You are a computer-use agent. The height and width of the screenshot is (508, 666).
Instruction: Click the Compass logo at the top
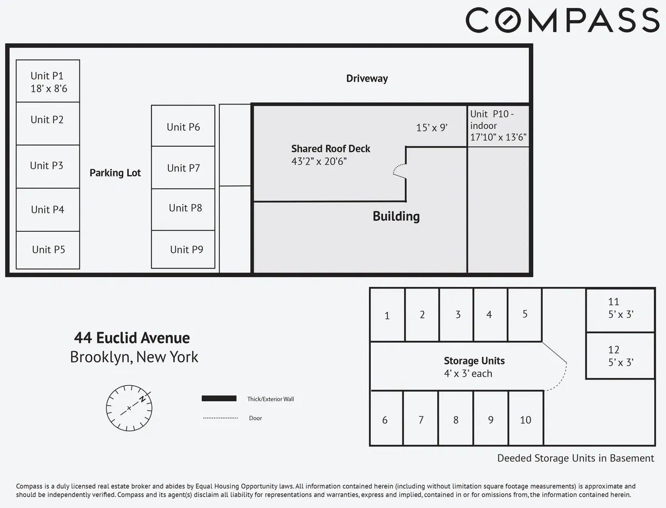(562, 21)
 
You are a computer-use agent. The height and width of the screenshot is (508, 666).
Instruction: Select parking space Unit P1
(48, 81)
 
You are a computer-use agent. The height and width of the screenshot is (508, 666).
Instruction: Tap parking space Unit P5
(48, 250)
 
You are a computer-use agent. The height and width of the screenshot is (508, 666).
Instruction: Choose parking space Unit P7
(183, 168)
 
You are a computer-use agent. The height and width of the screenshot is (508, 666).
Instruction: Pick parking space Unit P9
(183, 250)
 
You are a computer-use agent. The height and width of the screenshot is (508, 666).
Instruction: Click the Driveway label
(367, 78)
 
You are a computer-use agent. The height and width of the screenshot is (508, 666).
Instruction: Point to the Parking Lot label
(115, 173)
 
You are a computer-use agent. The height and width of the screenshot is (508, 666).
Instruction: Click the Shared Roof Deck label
(331, 149)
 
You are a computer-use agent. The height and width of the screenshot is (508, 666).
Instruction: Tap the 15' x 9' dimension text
(432, 127)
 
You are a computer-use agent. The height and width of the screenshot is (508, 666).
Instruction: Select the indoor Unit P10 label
(498, 126)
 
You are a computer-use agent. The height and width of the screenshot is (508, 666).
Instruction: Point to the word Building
(396, 216)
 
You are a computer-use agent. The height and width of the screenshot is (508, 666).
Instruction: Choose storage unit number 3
(457, 315)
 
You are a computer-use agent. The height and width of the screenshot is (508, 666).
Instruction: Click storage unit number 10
(526, 420)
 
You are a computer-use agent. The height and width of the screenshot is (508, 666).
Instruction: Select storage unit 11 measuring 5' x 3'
(620, 308)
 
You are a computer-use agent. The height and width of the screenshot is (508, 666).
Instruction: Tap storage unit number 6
(385, 420)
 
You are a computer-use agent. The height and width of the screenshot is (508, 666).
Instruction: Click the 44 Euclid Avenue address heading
(132, 337)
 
